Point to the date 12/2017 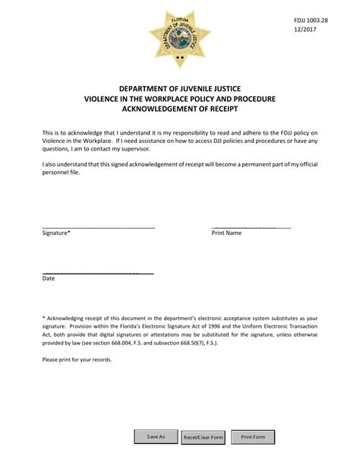click(305, 30)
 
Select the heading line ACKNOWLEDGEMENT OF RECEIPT click(180, 110)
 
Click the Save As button click(156, 437)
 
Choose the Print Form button click(253, 437)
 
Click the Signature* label click(56, 233)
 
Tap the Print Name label click(226, 233)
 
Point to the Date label click(49, 279)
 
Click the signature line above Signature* click(99, 227)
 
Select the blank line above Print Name click(251, 227)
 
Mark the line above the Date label click(98, 273)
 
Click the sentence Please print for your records click(77, 360)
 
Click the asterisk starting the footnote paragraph click(44, 318)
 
